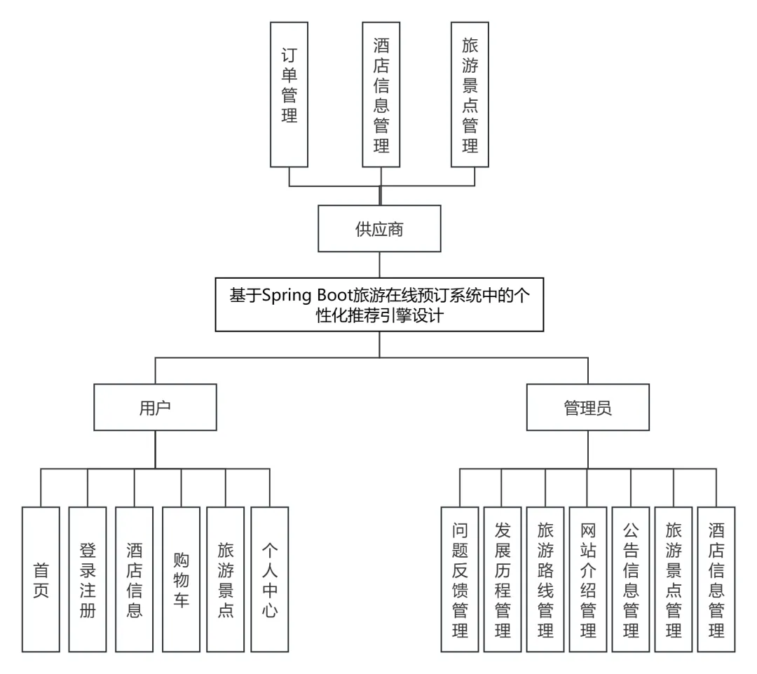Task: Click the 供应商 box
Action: coord(379,228)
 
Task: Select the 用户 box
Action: coord(155,407)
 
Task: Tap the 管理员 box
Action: coord(587,407)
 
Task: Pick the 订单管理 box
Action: coord(289,94)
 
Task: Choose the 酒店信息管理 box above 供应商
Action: coord(381,94)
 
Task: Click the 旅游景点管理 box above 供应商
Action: coord(470,94)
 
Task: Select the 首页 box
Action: coord(41,579)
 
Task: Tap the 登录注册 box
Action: coord(88,579)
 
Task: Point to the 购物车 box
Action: coord(181,579)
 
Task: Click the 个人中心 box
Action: coord(270,579)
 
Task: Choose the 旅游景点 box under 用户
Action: coord(226,579)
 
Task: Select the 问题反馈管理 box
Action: coord(460,579)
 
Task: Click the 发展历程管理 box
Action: coord(503,579)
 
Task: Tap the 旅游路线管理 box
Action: coord(545,579)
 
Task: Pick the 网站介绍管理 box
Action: coord(588,579)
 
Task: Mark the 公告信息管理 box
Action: coord(631,579)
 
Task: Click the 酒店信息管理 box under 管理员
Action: coord(716,579)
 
